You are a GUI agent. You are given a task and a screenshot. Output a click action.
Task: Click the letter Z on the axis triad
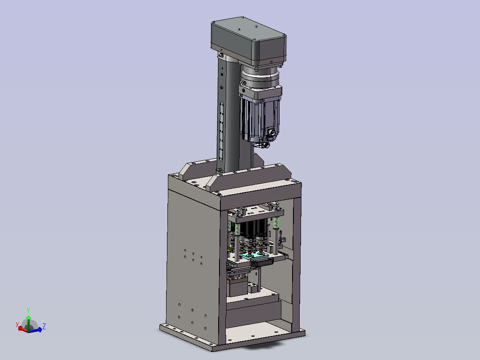(x=44, y=326)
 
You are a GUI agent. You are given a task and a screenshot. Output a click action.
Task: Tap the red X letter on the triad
(x=17, y=325)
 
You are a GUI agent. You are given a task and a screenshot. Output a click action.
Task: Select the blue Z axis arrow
(x=36, y=330)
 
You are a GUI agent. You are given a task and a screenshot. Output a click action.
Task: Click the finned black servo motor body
(x=260, y=118)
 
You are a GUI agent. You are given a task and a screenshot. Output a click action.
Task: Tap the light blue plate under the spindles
(x=254, y=254)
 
